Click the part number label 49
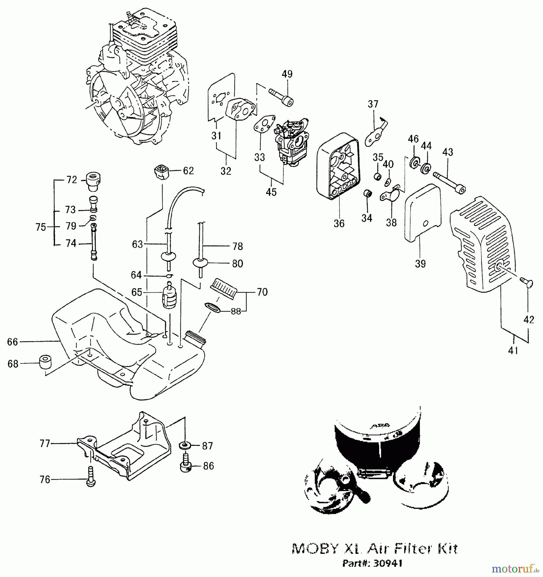click(287, 74)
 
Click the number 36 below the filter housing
click(339, 223)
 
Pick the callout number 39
click(420, 264)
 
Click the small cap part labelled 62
click(163, 172)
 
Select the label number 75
click(41, 227)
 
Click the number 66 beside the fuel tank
click(13, 342)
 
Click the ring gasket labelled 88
click(213, 307)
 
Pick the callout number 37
click(373, 104)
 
